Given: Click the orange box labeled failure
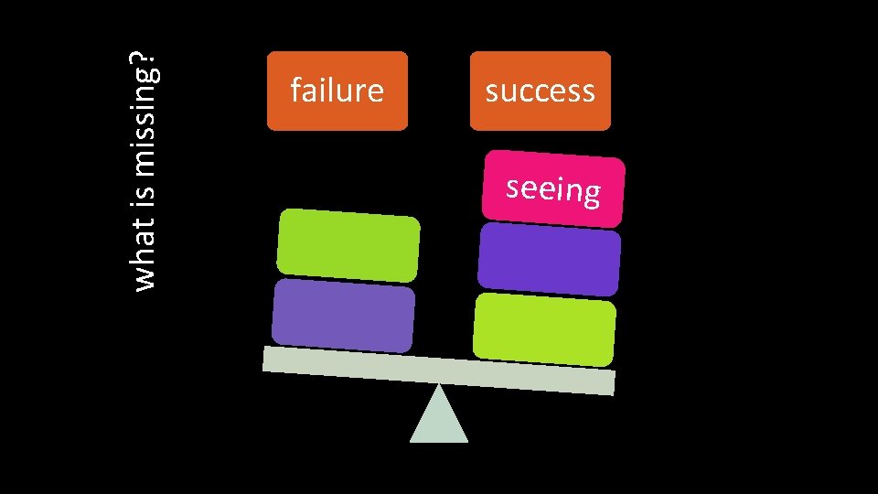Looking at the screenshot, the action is click(337, 91).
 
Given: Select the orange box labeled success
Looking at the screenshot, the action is click(540, 91).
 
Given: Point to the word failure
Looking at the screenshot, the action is click(337, 91).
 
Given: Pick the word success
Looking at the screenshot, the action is click(540, 91).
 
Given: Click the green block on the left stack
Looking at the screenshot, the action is click(348, 245).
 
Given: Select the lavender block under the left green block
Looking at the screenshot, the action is click(343, 316).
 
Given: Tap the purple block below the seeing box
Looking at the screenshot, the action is click(549, 260).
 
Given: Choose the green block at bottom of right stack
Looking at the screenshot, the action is click(544, 328).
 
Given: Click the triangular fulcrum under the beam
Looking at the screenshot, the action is click(439, 419).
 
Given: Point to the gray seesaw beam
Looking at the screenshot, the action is click(439, 370).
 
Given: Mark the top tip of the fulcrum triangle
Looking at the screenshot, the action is click(439, 385).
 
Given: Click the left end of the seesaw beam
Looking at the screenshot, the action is click(267, 359).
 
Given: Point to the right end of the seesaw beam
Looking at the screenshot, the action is click(610, 382).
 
